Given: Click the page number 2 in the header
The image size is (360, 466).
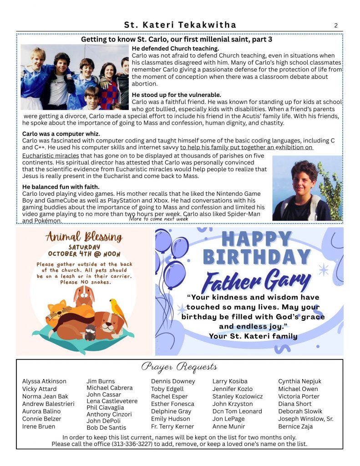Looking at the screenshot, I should pos(336,25).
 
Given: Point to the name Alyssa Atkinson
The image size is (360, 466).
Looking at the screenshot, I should pos(44,381).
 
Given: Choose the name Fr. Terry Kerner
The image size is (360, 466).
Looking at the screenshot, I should pos(172,426).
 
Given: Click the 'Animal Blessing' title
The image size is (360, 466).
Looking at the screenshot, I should pos(84,237).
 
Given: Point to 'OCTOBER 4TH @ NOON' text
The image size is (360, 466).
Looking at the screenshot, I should pos(84,253).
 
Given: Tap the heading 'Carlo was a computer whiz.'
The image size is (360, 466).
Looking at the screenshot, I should pos(61,134).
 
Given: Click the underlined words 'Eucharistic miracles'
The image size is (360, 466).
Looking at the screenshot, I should pos(51,156).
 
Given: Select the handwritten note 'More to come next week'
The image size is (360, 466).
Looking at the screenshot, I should pos(158,218).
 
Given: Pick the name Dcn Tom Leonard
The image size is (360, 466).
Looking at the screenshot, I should pos(237,411).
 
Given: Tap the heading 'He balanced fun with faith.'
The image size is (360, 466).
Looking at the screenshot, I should pos(61,187).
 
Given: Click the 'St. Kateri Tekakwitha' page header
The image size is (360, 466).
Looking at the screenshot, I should pos(180,25).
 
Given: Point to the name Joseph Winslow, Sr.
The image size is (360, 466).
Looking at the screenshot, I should pos(305,419).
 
